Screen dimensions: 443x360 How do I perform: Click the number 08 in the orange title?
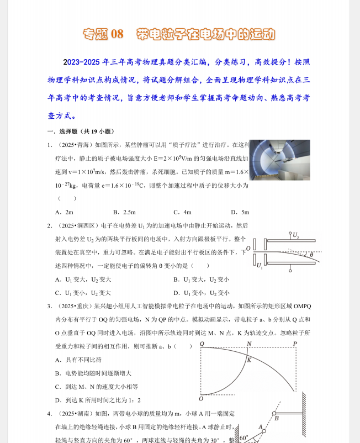point(117,34)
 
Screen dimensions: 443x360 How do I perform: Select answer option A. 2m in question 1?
point(64,212)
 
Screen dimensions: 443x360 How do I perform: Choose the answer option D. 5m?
point(240,212)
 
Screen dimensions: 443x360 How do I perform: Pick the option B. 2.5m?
point(124,212)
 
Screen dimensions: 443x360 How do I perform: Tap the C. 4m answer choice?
point(182,212)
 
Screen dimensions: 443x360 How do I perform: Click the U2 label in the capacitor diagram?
point(296,236)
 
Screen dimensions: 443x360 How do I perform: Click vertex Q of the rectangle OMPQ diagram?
point(202,344)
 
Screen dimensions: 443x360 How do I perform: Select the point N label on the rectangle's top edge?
point(249,344)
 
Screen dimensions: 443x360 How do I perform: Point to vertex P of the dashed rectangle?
point(295,344)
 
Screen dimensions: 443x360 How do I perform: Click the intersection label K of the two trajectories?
point(249,360)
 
